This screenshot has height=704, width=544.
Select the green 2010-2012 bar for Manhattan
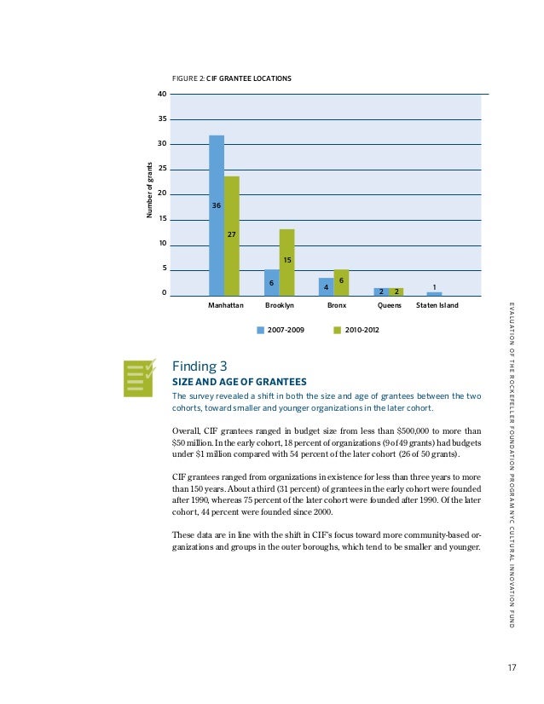tap(232, 235)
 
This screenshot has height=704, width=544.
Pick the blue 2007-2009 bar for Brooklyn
tap(271, 282)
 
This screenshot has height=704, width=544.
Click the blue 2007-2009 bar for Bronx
tap(326, 286)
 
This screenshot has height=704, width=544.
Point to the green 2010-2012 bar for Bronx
tap(341, 282)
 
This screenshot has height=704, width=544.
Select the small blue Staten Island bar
tap(434, 293)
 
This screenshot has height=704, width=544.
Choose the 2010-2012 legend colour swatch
tap(337, 328)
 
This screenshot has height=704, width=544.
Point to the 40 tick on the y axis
tap(162, 94)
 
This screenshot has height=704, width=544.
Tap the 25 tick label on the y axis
tap(162, 170)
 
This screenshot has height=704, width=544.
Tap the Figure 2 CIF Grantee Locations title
tap(232, 78)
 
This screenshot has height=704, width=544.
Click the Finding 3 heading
tap(200, 367)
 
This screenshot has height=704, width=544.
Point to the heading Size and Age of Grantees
tap(239, 381)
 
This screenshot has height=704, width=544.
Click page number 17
tap(511, 668)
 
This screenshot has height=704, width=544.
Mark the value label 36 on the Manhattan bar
tap(217, 205)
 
